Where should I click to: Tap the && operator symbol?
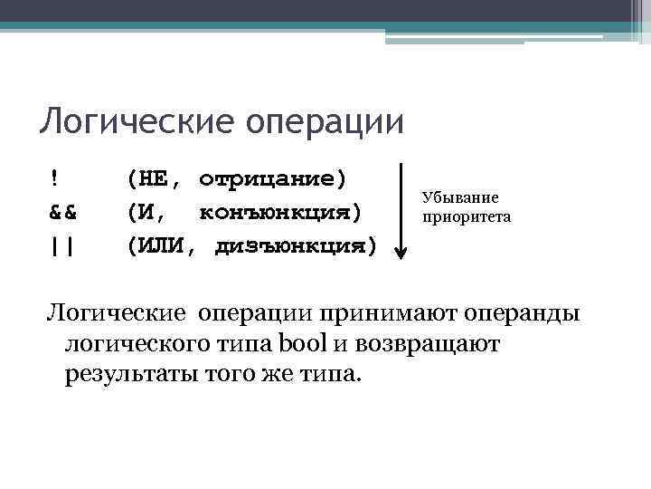click(x=61, y=213)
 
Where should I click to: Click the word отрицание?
click(x=272, y=178)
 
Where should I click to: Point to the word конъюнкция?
click(x=279, y=213)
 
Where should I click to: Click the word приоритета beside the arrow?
click(x=467, y=217)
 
